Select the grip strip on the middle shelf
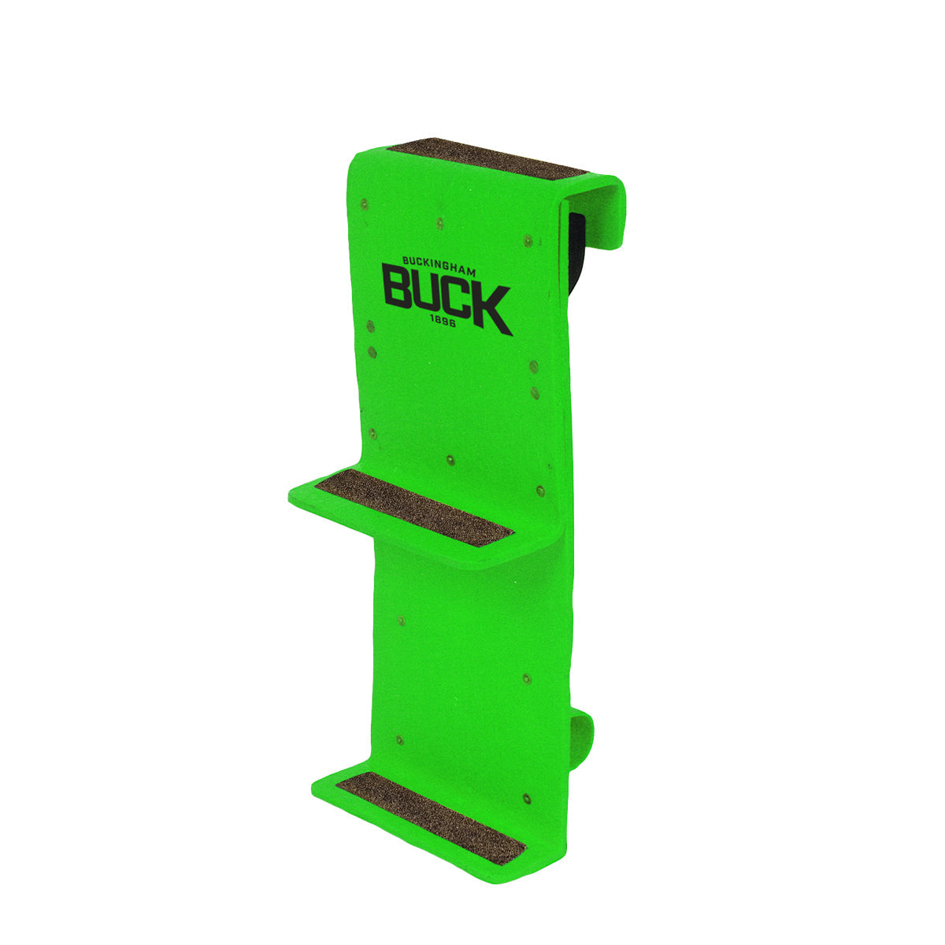(413, 504)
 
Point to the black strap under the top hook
(578, 244)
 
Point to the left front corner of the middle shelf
(290, 496)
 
